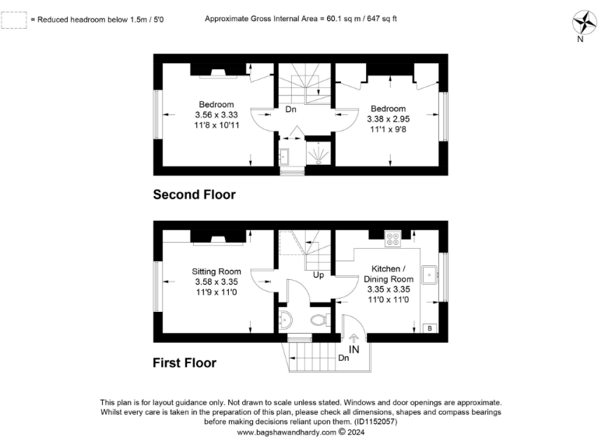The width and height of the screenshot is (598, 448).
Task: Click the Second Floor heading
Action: click(194, 194)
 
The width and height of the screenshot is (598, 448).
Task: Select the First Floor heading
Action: click(185, 362)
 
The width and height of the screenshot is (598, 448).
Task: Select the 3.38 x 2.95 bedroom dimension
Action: click(388, 119)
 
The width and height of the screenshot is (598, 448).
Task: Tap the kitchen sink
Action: click(428, 275)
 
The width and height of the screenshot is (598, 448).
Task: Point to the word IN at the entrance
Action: click(354, 351)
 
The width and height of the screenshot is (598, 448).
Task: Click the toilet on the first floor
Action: click(317, 320)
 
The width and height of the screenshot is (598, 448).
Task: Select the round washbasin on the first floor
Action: click(285, 319)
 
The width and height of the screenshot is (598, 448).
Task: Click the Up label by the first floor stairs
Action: click(318, 275)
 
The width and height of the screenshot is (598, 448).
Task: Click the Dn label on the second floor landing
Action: click(290, 110)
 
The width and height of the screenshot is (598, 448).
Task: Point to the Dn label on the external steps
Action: click(343, 358)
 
